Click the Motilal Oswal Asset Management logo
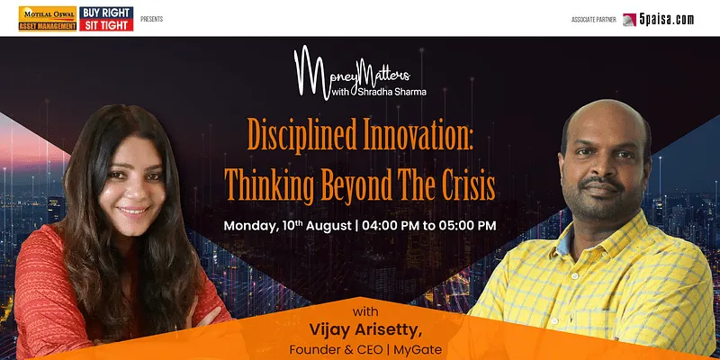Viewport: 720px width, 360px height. click(48, 19)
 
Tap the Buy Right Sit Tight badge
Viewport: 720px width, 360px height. click(106, 19)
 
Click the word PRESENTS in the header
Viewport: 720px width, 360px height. click(151, 19)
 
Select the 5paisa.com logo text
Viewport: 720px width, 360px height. click(666, 19)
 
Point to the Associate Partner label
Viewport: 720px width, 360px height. click(594, 20)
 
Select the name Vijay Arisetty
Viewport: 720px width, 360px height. click(365, 330)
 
